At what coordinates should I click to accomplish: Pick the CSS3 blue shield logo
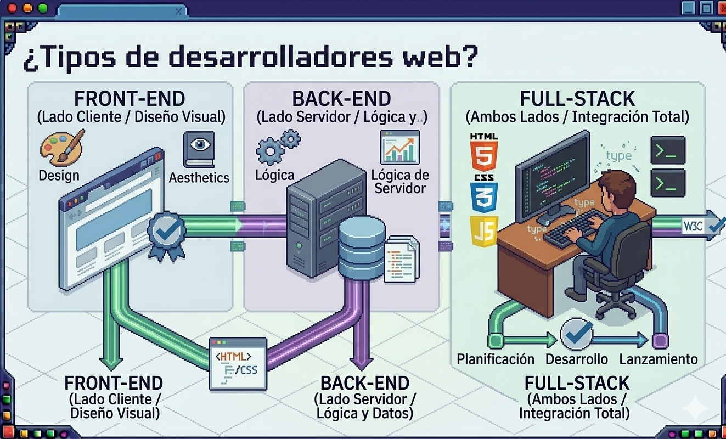(x=483, y=194)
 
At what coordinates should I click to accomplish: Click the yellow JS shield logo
(x=483, y=231)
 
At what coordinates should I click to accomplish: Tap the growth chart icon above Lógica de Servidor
(x=399, y=147)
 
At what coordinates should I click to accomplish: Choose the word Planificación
(x=496, y=359)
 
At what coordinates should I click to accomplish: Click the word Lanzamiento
(x=658, y=359)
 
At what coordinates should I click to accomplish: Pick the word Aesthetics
(x=199, y=178)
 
